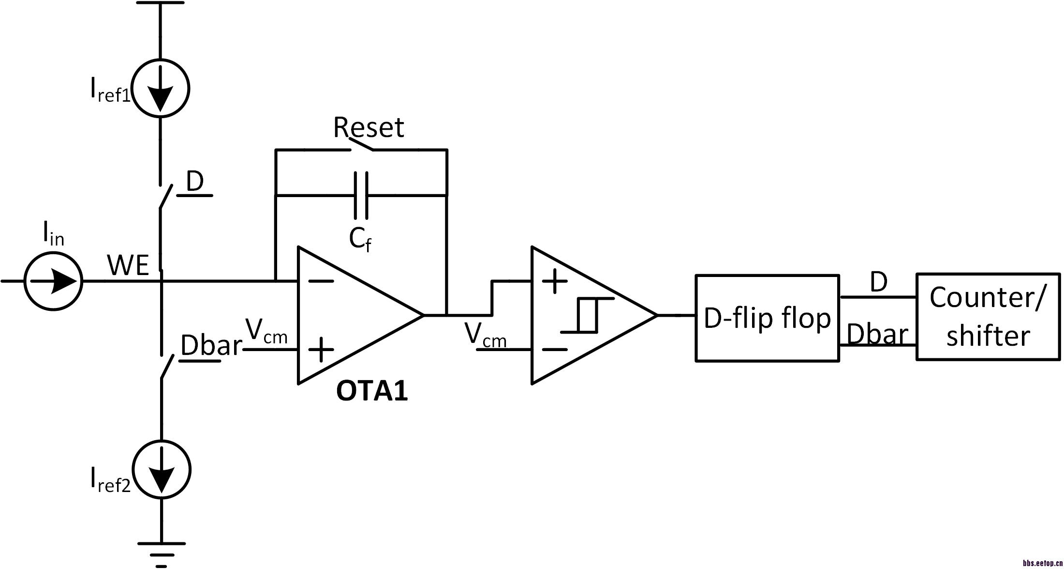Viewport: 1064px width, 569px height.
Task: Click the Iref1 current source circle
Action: [x=161, y=88]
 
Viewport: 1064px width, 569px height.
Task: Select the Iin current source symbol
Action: [x=53, y=281]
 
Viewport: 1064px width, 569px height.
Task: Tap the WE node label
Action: [x=128, y=265]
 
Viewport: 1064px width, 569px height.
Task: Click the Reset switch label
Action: [x=369, y=127]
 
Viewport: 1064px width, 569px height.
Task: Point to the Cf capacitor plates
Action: [x=361, y=195]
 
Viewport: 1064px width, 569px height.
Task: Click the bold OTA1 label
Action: [x=372, y=391]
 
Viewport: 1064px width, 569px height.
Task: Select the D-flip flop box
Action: [x=767, y=318]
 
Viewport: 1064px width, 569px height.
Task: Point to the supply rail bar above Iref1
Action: [x=161, y=3]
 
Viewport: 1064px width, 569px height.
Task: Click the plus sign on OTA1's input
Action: [x=321, y=350]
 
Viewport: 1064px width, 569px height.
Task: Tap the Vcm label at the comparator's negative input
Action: [x=485, y=335]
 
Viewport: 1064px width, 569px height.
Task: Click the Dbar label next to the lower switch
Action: [x=211, y=346]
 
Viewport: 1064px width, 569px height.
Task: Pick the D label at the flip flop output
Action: [x=878, y=282]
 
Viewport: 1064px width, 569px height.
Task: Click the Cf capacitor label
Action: [x=360, y=239]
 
